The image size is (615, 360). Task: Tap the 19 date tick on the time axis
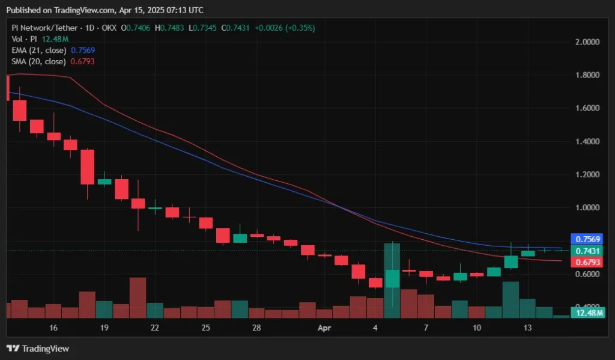(105, 328)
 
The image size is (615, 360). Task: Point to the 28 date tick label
(256, 328)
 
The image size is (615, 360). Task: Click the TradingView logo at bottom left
(38, 349)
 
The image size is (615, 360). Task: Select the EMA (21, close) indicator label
(40, 50)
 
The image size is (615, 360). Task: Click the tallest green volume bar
(392, 279)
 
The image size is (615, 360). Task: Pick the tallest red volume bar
(138, 297)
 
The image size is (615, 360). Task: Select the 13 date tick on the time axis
(528, 328)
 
